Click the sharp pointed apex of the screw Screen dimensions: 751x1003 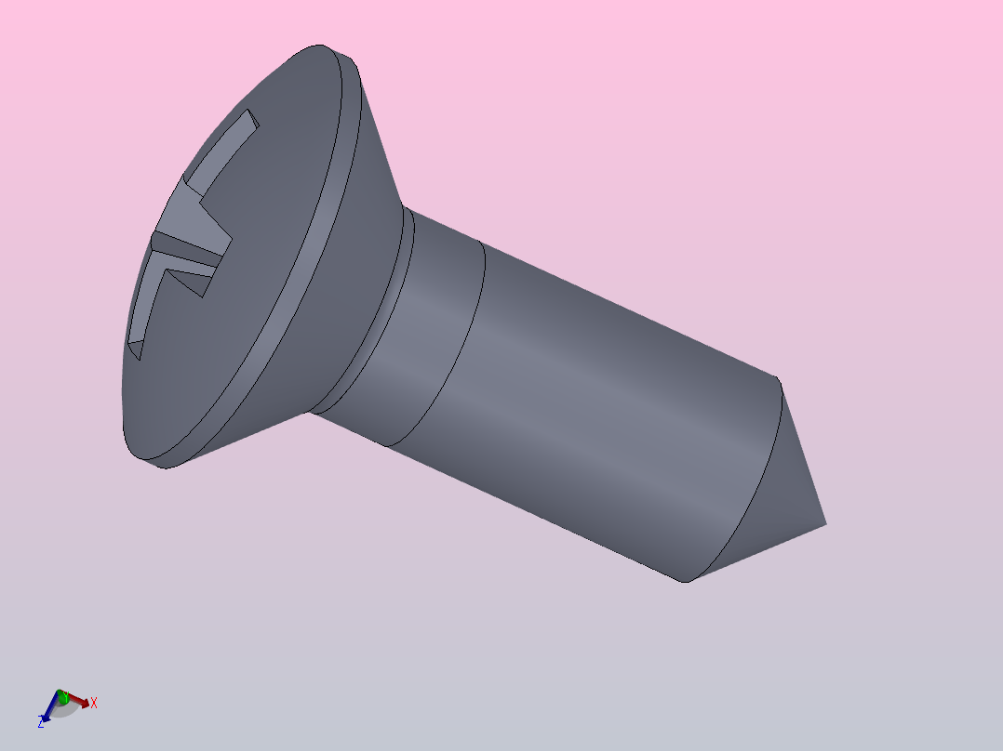(825, 524)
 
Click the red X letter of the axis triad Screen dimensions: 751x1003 (94, 703)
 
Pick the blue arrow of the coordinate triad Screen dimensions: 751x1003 (50, 711)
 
